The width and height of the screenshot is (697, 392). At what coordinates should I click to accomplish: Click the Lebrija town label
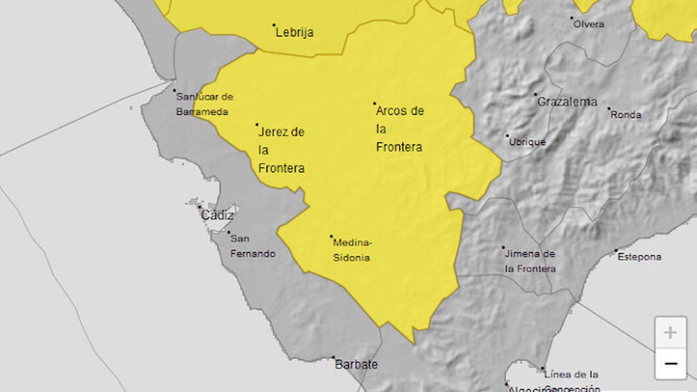click(294, 32)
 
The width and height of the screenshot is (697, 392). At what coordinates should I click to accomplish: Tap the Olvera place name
click(589, 24)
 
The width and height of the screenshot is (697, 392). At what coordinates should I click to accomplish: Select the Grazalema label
click(567, 102)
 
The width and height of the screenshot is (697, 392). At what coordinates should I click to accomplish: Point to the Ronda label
click(626, 115)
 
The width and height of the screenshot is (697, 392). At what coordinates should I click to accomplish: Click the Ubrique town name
click(527, 142)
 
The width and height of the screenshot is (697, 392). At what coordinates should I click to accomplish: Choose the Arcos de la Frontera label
click(399, 129)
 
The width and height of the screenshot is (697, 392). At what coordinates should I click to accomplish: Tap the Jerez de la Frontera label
click(281, 150)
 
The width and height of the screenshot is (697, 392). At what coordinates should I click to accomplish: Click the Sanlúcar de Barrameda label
click(204, 104)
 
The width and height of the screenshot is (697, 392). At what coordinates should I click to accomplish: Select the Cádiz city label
click(217, 215)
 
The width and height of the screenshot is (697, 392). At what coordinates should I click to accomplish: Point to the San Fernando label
click(253, 246)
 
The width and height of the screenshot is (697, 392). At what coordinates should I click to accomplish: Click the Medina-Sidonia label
click(352, 250)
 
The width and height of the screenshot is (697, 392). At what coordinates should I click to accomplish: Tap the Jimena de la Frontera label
click(530, 261)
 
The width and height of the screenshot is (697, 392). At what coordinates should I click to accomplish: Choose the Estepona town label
click(639, 257)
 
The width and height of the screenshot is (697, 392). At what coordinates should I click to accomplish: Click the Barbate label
click(356, 365)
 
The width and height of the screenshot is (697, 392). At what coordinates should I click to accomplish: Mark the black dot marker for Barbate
click(334, 357)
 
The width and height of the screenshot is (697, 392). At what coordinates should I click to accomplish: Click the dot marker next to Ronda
click(609, 108)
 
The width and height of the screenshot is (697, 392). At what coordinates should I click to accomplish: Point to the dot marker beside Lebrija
click(274, 25)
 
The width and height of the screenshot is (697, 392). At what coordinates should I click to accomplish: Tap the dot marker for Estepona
click(616, 250)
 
